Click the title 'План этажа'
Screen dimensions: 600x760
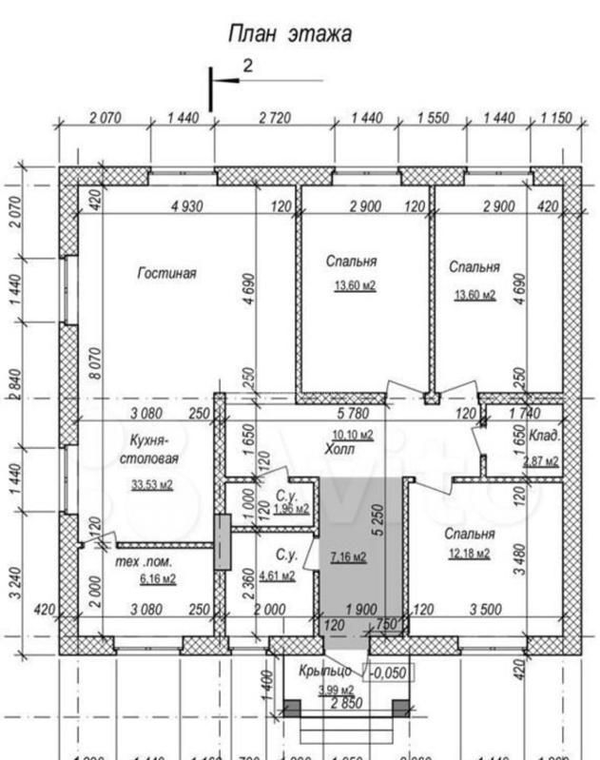[290, 34]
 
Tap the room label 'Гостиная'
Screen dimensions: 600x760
[166, 273]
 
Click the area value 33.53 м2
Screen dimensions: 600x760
[153, 485]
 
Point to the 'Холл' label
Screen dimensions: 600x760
[338, 450]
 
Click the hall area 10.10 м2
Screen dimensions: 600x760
[353, 435]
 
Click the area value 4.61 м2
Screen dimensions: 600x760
[279, 575]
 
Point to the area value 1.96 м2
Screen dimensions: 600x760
[291, 509]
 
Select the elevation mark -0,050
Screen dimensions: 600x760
[388, 672]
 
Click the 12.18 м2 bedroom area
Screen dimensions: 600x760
[469, 553]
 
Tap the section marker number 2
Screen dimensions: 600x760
[248, 66]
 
